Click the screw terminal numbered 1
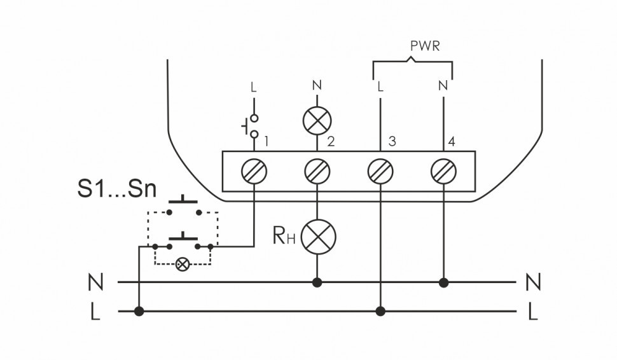tap(254, 171)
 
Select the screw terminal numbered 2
tap(317, 171)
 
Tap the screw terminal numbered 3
tap(380, 171)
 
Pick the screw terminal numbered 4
tap(443, 171)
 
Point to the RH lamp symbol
tap(317, 237)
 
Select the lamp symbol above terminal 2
tap(317, 119)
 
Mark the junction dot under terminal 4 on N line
tap(443, 281)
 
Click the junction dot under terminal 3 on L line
tap(380, 311)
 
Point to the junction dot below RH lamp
tap(317, 281)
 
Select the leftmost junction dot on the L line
tap(139, 311)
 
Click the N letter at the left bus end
tap(95, 281)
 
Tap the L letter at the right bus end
tap(533, 312)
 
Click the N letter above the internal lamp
tap(317, 85)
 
